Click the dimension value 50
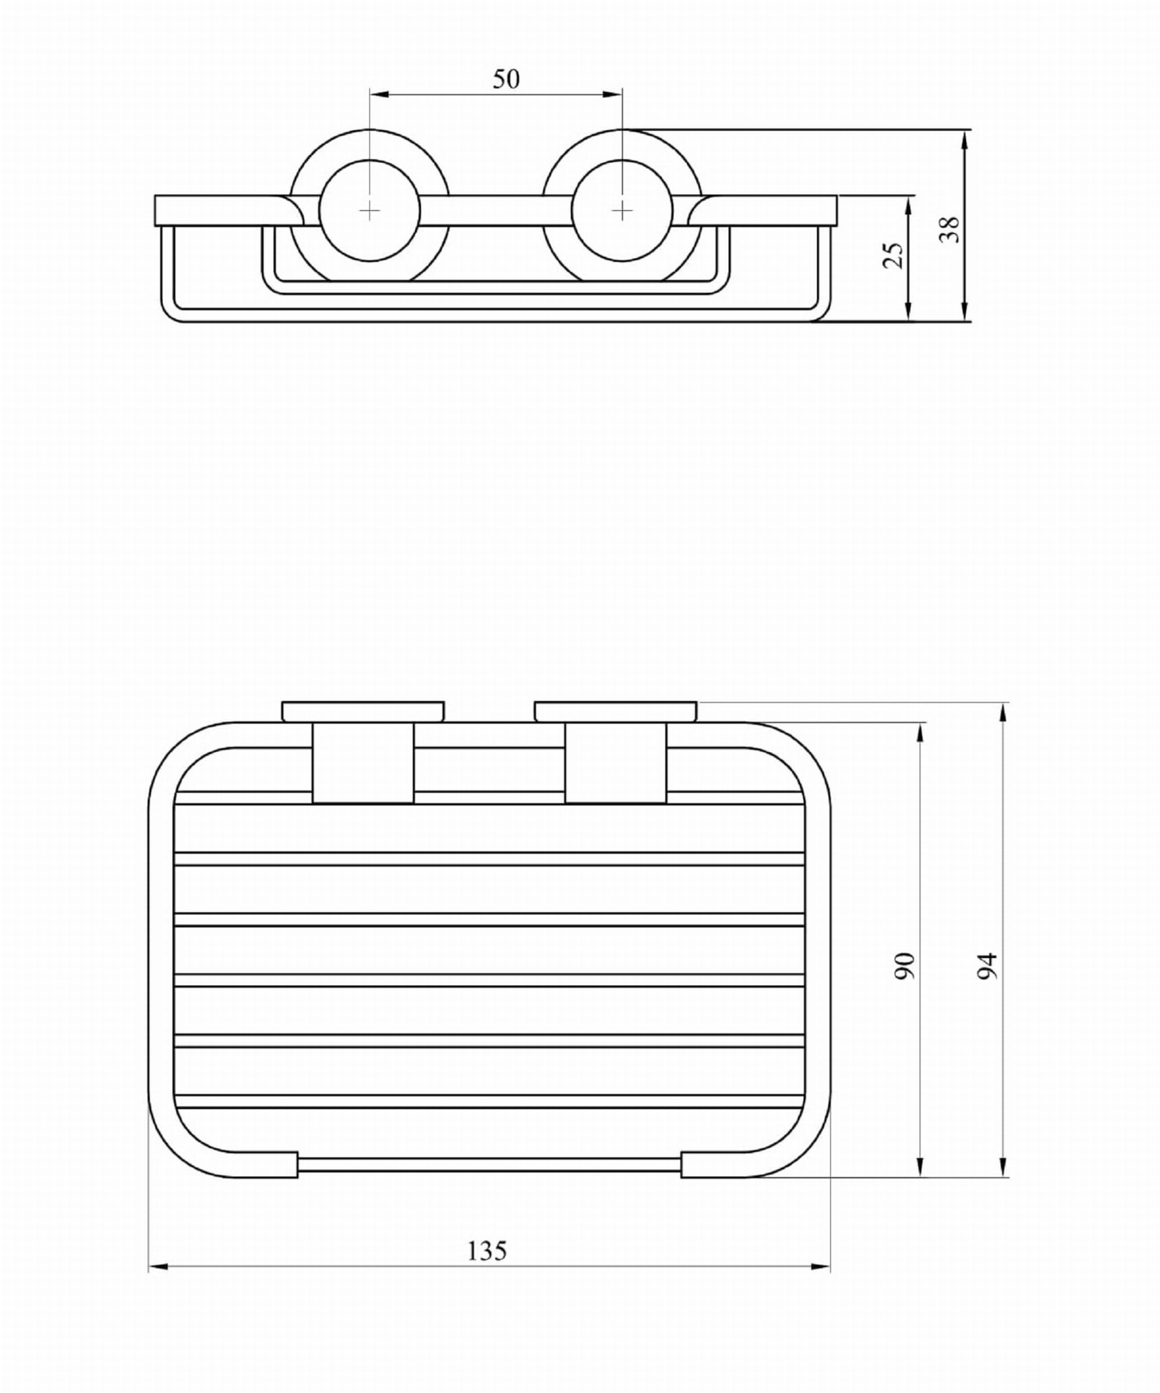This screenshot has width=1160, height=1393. (x=506, y=80)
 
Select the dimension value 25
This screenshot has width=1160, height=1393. (x=894, y=255)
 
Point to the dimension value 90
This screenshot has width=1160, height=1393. (x=905, y=966)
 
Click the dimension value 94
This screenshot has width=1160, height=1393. (x=987, y=966)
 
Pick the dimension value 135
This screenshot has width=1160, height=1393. (x=487, y=1250)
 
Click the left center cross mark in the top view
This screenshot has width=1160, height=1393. (x=369, y=211)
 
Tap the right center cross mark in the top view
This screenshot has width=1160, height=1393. (x=622, y=211)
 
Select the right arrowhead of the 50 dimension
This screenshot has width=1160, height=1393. (x=612, y=95)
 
